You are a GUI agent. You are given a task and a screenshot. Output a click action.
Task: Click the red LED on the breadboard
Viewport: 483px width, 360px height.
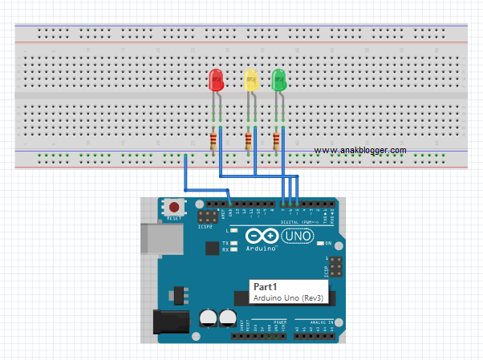coord(216,79)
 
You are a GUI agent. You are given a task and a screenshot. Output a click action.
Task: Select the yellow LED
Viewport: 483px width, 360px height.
coord(250,79)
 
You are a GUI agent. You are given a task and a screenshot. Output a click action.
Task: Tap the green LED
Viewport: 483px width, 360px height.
coord(280,79)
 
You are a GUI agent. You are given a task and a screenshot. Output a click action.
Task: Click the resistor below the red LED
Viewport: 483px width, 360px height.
coord(213,142)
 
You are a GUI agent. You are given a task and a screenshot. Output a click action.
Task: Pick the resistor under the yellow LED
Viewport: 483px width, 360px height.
coord(248,142)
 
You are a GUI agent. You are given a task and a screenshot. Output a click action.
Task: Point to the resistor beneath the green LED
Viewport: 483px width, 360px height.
coord(277,142)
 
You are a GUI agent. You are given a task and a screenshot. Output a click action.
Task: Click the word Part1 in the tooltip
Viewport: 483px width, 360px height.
coord(266,286)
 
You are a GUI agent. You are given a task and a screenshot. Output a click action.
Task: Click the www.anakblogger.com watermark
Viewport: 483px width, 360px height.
coord(359,150)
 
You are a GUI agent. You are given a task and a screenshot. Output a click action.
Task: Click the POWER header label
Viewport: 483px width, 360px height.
coord(280,322)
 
